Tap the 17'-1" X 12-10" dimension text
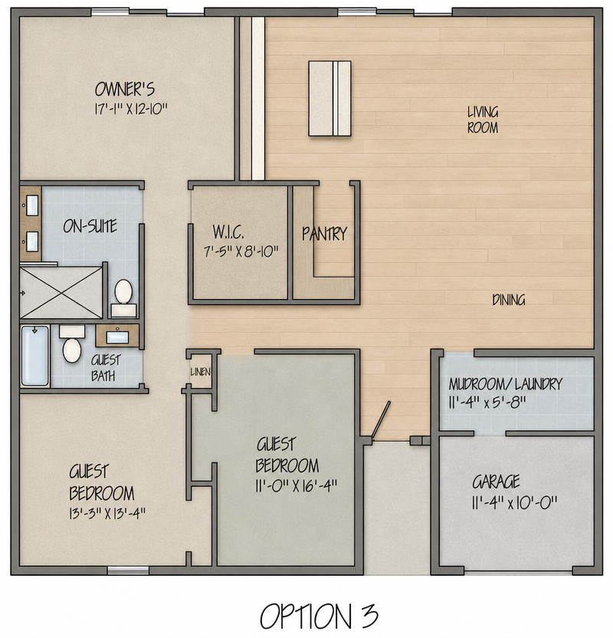point(131,109)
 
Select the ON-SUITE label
point(90,226)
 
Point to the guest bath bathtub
point(35,356)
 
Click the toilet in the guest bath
point(72,344)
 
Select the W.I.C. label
point(228,232)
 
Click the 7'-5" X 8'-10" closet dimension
point(241,252)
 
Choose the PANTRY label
point(324,234)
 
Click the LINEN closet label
point(201,372)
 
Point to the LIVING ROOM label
point(483,120)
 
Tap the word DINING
point(509,301)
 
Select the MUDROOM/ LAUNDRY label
point(506,384)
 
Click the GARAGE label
point(496,482)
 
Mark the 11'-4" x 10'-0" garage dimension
point(515,503)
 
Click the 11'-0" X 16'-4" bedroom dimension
point(297,486)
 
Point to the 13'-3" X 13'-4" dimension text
point(107,514)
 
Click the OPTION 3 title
point(319,616)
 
